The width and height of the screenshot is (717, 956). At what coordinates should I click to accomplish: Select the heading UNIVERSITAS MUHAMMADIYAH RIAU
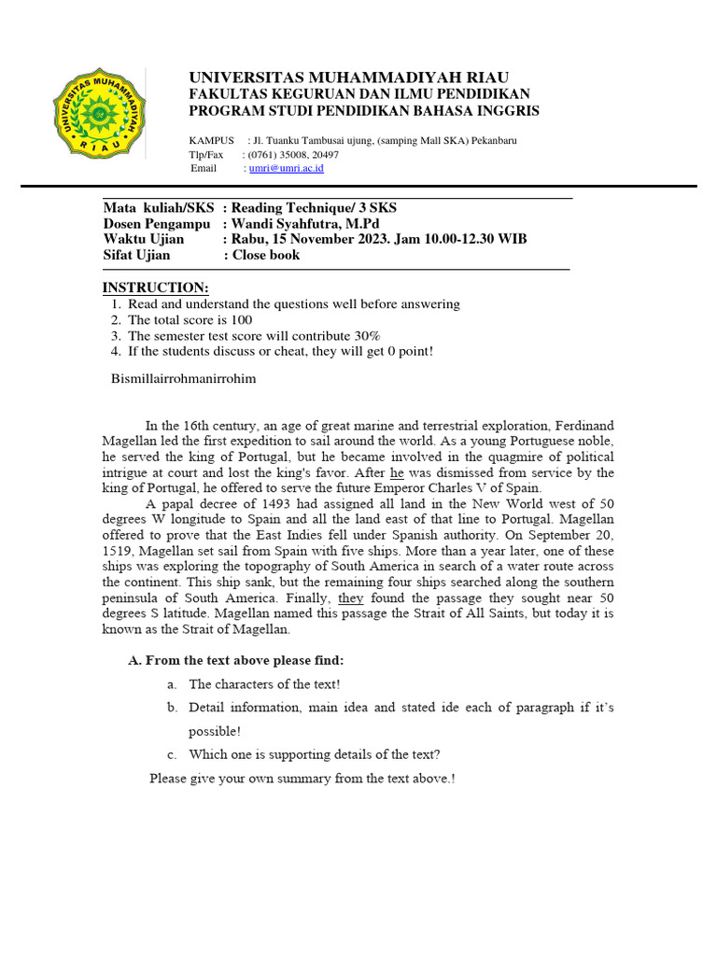pyautogui.click(x=349, y=77)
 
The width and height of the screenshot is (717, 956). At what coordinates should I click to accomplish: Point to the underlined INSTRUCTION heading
pyautogui.click(x=156, y=287)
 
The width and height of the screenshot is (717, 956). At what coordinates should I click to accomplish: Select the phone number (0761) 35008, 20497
pyautogui.click(x=292, y=154)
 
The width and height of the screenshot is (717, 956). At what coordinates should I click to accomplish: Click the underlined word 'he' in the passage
pyautogui.click(x=398, y=472)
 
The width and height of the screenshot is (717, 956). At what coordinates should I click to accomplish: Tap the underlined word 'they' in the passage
pyautogui.click(x=351, y=597)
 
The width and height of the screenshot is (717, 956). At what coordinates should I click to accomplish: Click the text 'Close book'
pyautogui.click(x=266, y=254)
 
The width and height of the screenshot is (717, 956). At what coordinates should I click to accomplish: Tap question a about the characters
pyautogui.click(x=264, y=683)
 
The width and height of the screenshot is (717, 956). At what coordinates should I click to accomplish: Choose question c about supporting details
pyautogui.click(x=314, y=754)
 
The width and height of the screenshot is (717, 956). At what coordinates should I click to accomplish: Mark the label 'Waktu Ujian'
pyautogui.click(x=144, y=239)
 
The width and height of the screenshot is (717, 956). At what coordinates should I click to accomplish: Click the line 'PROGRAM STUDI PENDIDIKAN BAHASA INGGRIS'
pyautogui.click(x=364, y=111)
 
